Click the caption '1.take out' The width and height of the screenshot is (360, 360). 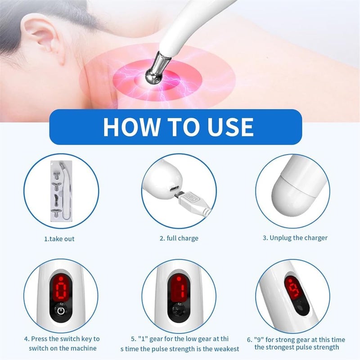click(59, 239)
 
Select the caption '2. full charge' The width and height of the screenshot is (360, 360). click(179, 238)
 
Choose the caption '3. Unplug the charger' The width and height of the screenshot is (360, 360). click(295, 238)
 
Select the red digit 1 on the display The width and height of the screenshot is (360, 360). click(178, 288)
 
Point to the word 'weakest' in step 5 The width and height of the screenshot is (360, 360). click(224, 349)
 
